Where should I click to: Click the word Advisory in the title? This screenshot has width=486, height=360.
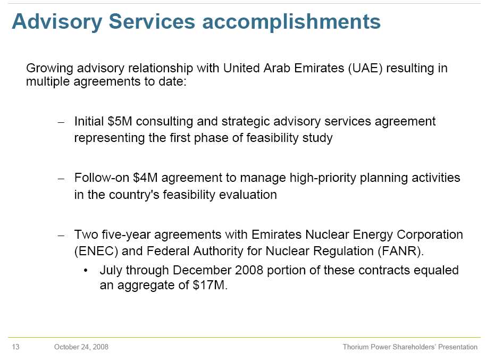pyautogui.click(x=57, y=22)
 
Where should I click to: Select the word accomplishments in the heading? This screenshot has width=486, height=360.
pyautogui.click(x=291, y=22)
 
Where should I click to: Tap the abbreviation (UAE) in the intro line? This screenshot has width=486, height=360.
pyautogui.click(x=365, y=68)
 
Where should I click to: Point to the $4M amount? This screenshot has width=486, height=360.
pyautogui.click(x=145, y=178)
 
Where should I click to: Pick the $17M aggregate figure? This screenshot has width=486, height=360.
pyautogui.click(x=210, y=285)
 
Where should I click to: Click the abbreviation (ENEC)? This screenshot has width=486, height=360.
pyautogui.click(x=96, y=251)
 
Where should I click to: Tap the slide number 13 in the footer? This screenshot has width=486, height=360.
pyautogui.click(x=15, y=347)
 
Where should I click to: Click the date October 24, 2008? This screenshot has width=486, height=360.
pyautogui.click(x=81, y=347)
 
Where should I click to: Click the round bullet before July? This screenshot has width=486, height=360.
pyautogui.click(x=86, y=270)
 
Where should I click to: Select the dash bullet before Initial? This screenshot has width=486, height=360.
pyautogui.click(x=61, y=122)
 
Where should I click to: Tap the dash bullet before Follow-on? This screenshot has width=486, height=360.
pyautogui.click(x=61, y=179)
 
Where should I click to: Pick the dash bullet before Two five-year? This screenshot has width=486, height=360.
pyautogui.click(x=61, y=236)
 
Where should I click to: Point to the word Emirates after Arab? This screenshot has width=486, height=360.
pyautogui.click(x=319, y=68)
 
